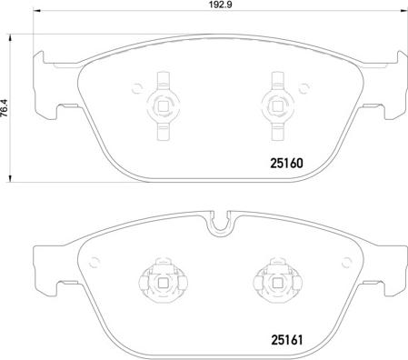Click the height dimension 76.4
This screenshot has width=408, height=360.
point(7,105)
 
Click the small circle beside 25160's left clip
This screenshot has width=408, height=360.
point(137,88)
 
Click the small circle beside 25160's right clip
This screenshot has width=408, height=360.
point(297,88)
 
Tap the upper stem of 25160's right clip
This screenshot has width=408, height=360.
point(274,79)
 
